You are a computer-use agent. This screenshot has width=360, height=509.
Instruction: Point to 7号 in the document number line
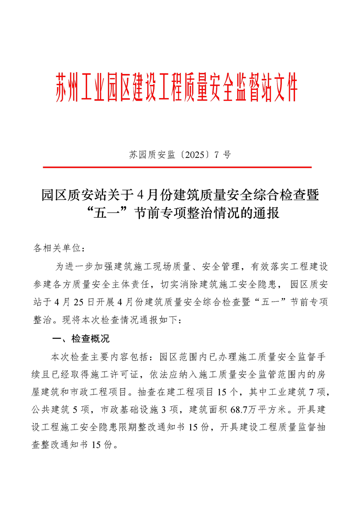(x=222, y=155)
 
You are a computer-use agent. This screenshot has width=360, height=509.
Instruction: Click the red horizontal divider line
(x=177, y=167)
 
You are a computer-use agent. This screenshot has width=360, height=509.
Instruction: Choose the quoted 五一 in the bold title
(x=104, y=212)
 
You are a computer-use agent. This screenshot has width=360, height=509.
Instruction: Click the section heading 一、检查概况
(x=81, y=339)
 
